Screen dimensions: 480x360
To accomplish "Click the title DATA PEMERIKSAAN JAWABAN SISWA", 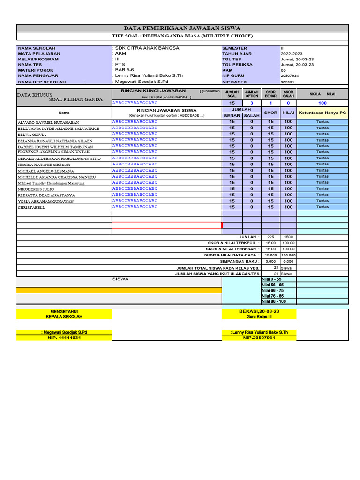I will tap(182, 28).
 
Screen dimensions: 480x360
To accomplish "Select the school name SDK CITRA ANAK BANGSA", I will tap(147, 48).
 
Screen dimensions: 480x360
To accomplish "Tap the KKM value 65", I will tap(283, 70).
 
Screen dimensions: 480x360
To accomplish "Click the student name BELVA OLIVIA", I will tap(32, 134).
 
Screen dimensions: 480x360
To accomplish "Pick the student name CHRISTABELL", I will tap(31, 207).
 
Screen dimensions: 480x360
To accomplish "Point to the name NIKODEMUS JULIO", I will tap(36, 189).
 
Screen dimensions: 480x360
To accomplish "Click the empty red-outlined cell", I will tap(166, 225).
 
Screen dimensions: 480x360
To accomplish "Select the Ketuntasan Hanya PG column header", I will tap(322, 112).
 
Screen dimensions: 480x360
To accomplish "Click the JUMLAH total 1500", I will tap(288, 237).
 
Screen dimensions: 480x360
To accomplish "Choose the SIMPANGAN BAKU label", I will tap(240, 261).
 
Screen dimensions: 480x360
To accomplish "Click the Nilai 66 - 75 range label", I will tap(272, 290).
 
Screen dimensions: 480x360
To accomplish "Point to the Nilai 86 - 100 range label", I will tap(273, 301).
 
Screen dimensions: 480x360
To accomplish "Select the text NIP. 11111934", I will tap(64, 337).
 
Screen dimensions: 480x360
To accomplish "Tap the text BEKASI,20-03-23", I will tap(259, 311).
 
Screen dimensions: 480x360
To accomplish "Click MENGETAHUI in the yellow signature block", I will tap(64, 311).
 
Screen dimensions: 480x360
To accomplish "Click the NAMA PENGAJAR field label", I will tap(38, 75).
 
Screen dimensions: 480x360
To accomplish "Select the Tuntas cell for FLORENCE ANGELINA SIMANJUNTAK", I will tap(322, 152).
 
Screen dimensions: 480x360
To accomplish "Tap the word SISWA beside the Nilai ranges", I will tap(120, 279).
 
